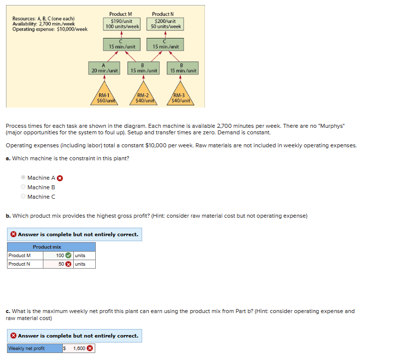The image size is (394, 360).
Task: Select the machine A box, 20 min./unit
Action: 104,68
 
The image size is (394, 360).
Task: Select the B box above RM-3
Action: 184,68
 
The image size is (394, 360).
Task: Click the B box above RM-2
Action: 144,68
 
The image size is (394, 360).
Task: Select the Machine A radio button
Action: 22,178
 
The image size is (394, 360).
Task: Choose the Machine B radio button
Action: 22,187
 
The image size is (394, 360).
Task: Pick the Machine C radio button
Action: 22,197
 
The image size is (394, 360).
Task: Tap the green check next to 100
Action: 69,256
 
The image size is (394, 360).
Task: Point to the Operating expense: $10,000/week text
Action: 50,29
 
